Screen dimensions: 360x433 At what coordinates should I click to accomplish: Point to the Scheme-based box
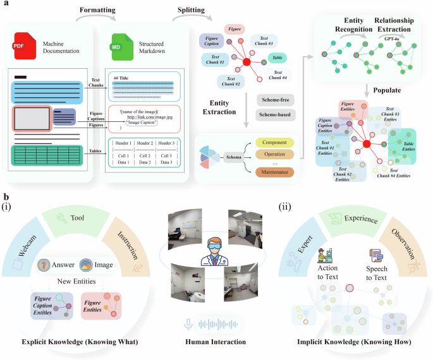(275, 114)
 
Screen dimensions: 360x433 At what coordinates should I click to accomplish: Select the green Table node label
(277, 58)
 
